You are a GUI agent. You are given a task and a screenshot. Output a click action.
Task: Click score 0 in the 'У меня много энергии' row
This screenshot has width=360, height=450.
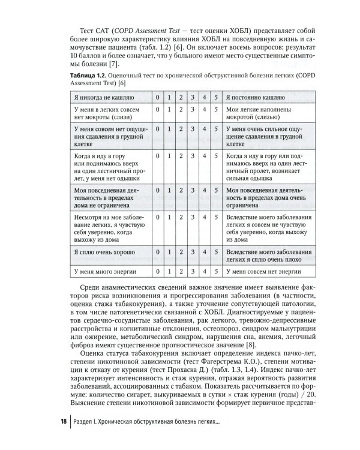click(157, 271)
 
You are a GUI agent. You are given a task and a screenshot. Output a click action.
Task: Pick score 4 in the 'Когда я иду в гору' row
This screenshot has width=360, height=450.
click(204, 156)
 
